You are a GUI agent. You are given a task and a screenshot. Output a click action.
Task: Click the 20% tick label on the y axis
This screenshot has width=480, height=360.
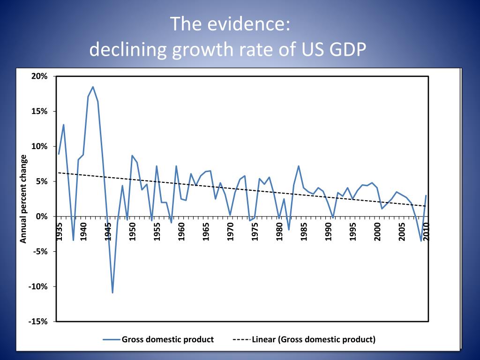click(x=40, y=76)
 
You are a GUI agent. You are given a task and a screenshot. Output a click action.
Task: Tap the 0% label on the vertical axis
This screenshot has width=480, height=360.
click(x=42, y=217)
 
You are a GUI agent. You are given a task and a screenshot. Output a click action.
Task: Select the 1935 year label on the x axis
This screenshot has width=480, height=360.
click(x=59, y=232)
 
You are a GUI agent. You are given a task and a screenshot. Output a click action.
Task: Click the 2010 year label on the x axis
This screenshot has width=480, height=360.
click(x=427, y=232)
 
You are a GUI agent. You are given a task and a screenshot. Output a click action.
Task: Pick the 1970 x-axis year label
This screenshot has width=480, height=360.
click(x=231, y=232)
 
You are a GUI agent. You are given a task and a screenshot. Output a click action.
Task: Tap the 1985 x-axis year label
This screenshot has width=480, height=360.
click(x=304, y=232)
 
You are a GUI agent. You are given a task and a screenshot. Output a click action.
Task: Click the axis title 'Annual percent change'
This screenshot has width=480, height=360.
click(x=23, y=199)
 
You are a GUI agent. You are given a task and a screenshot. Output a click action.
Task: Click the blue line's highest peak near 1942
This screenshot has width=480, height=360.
click(x=93, y=87)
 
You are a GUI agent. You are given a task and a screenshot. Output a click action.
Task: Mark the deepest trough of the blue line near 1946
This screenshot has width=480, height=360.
click(x=112, y=293)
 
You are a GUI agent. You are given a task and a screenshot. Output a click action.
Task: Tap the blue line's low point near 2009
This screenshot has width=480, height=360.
click(x=421, y=241)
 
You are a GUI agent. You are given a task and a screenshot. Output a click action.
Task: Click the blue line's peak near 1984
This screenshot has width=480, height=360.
click(x=299, y=166)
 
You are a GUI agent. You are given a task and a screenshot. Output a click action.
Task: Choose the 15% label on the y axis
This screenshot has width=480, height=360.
click(x=40, y=112)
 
